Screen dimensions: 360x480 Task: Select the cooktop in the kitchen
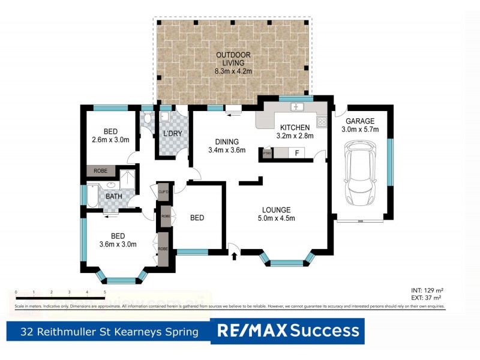(x=322, y=122)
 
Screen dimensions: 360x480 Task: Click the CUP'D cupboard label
(x=163, y=192)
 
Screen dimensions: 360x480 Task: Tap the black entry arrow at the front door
(x=234, y=257)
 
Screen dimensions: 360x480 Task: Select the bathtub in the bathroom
(x=93, y=196)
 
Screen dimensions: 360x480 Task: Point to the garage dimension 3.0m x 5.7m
(x=361, y=129)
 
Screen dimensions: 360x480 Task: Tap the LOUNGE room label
(x=277, y=209)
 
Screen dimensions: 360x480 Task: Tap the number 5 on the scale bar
(x=105, y=292)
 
